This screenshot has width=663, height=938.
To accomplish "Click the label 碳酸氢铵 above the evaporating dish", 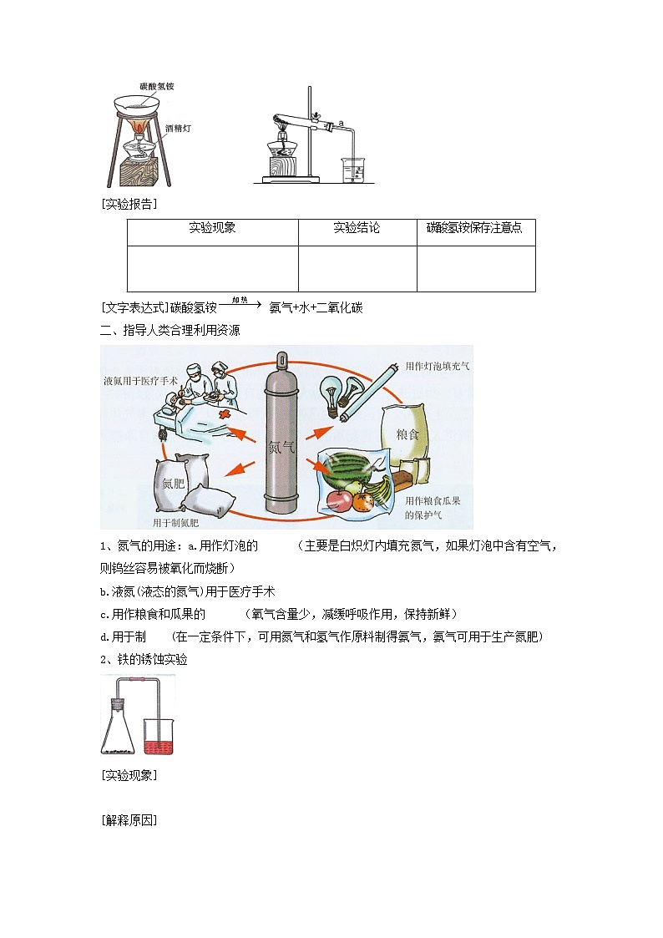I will pos(157,87).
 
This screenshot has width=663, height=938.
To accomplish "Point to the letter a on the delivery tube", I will pos(342,124).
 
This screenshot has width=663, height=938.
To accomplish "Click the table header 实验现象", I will pos(212,228).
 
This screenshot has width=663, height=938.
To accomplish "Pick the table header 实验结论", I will pos(357,228).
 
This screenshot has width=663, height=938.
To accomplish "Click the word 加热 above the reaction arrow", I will pos(240,299).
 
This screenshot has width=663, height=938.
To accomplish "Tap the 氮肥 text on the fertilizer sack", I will pos(173,484).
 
